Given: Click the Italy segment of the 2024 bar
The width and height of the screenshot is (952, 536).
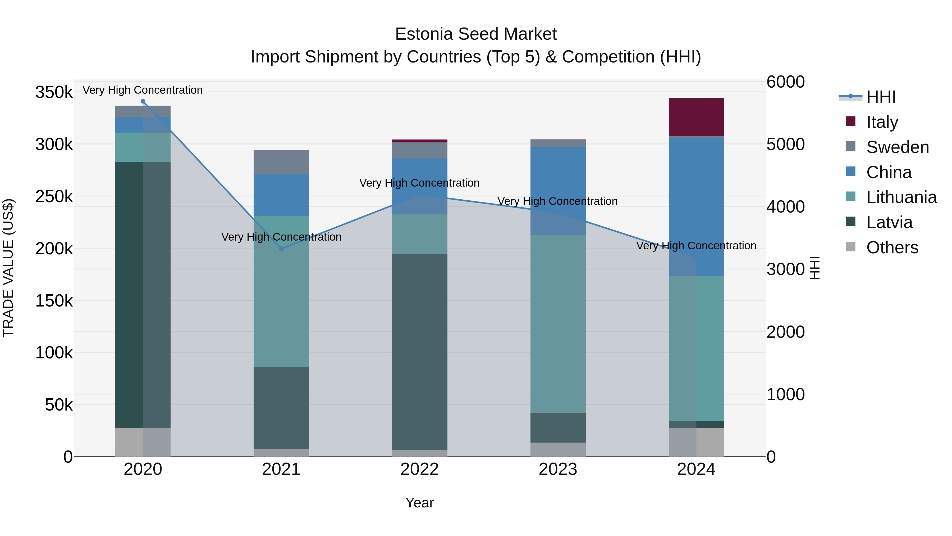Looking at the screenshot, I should point(696,117).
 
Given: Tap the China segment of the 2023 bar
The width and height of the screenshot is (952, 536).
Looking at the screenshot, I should point(558,191).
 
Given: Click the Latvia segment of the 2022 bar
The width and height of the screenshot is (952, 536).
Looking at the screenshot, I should point(419,352).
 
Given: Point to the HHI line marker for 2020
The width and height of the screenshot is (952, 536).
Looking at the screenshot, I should point(143,101).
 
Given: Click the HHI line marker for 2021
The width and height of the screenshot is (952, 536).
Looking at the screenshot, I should point(281,249).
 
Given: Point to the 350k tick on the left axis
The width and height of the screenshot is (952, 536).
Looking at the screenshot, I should point(54,92).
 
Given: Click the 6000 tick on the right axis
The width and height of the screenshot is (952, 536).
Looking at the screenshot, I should point(785,82).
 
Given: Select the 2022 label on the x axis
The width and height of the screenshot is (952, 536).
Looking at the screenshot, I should point(419,469).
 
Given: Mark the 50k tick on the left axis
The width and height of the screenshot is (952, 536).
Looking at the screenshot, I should point(59,405).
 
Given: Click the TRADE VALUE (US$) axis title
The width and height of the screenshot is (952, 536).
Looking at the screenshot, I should point(8,268).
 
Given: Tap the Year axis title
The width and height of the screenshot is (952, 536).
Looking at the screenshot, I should point(419,503).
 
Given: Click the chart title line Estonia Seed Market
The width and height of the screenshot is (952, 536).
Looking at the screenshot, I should point(476,34).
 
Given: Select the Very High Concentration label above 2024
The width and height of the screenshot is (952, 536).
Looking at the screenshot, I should point(696,246).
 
